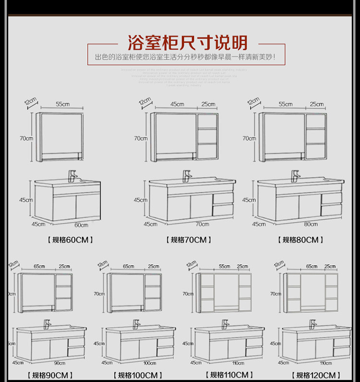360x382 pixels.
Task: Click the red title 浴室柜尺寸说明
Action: (187, 43)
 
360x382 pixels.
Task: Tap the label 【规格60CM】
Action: (70, 239)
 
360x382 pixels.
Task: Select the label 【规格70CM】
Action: (189, 239)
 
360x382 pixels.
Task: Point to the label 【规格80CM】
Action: (300, 239)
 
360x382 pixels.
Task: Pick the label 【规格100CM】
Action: (137, 375)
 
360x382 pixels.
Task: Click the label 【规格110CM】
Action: (229, 375)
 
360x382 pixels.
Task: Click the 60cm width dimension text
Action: (81, 224)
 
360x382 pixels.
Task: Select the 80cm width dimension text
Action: (311, 224)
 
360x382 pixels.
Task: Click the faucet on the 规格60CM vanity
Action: (72, 175)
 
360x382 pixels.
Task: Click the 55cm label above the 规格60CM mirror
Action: (62, 104)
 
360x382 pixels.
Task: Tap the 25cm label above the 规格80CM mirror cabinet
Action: (316, 104)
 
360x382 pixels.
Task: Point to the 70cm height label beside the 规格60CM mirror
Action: (26, 138)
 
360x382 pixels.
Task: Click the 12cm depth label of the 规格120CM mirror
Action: (278, 264)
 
